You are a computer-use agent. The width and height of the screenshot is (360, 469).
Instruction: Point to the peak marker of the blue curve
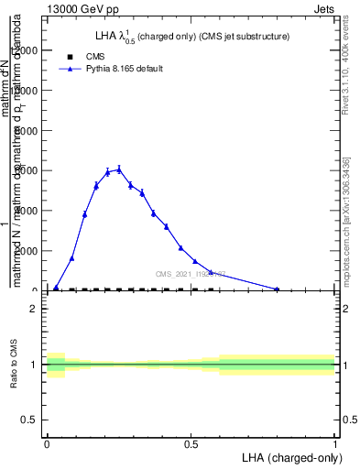[x=119, y=169]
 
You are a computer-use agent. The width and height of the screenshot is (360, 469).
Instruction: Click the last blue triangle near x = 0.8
[x=277, y=289]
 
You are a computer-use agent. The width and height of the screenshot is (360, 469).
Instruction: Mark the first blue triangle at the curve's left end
[x=56, y=288]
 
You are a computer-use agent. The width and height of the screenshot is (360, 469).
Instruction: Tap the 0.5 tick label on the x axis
[x=191, y=442]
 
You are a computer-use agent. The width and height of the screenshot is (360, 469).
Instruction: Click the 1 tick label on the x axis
[x=334, y=442]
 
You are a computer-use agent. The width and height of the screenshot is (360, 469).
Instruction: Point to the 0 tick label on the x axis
[x=47, y=442]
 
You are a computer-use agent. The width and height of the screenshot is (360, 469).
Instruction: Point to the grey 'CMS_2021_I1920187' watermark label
[x=190, y=274]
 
